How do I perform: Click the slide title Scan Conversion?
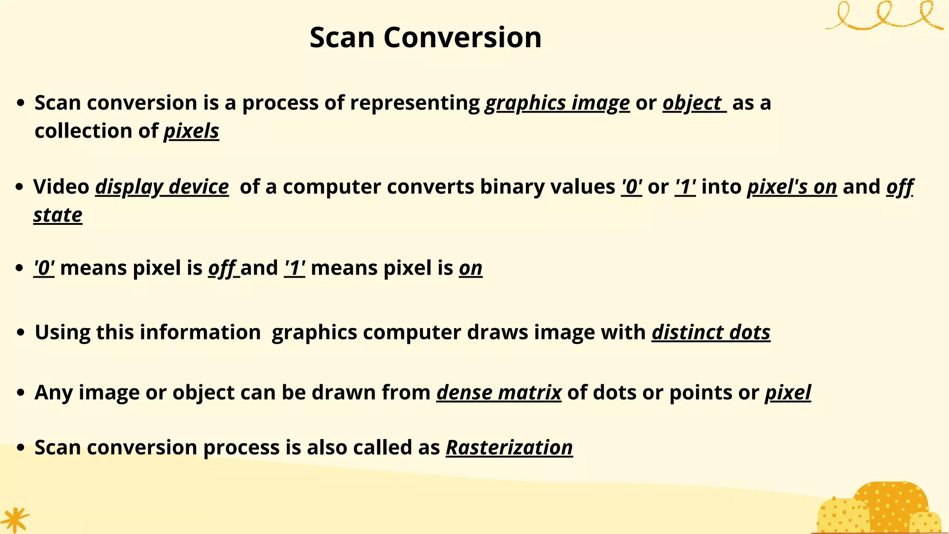click(425, 37)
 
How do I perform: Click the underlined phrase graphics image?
click(557, 103)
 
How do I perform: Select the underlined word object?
click(692, 103)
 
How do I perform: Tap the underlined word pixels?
click(191, 131)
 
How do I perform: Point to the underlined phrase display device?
click(162, 187)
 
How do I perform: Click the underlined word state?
click(58, 215)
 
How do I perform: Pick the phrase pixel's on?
click(792, 187)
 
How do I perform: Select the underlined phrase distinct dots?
click(711, 332)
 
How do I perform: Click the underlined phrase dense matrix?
click(499, 393)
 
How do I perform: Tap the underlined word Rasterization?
click(509, 447)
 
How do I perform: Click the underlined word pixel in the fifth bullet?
click(788, 393)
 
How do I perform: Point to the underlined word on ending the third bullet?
click(471, 268)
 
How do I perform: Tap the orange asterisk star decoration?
click(15, 520)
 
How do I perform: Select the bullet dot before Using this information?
click(20, 333)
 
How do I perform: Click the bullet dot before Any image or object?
click(20, 393)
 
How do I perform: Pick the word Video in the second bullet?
click(61, 187)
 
